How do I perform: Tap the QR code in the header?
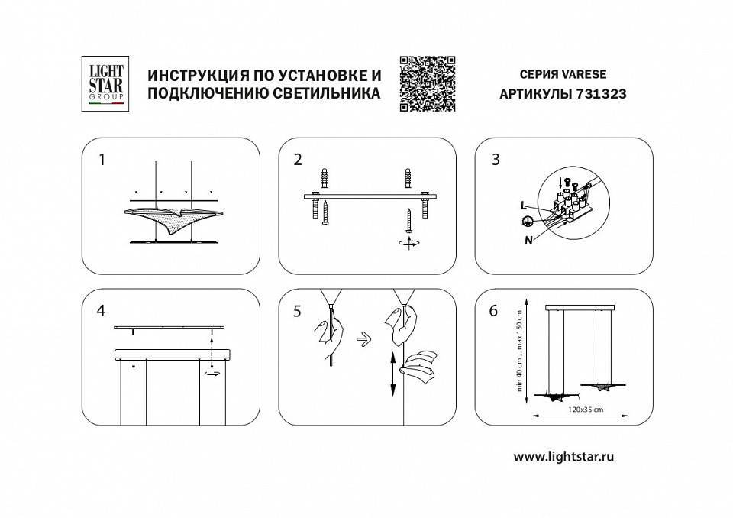click(x=427, y=83)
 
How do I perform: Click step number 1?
click(x=101, y=160)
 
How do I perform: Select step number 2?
click(x=298, y=160)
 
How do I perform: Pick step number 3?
click(x=496, y=160)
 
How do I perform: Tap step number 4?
click(x=101, y=311)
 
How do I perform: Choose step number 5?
click(x=298, y=311)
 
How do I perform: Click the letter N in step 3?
click(x=528, y=238)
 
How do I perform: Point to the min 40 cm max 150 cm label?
click(x=519, y=349)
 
